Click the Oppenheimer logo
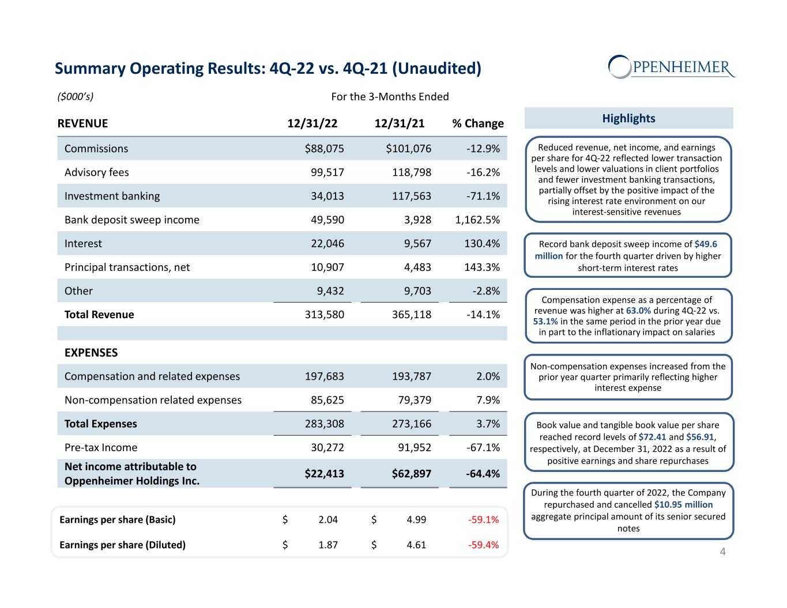[672, 67]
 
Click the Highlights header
[628, 118]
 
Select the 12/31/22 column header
[312, 123]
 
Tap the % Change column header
[477, 123]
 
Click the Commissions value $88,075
[324, 149]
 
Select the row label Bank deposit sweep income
[132, 220]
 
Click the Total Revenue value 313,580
[325, 315]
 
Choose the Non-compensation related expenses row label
[153, 400]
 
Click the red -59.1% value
[483, 520]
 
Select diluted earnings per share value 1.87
[328, 545]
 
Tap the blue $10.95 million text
[683, 505]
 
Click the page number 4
[722, 552]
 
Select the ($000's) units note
[76, 96]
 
